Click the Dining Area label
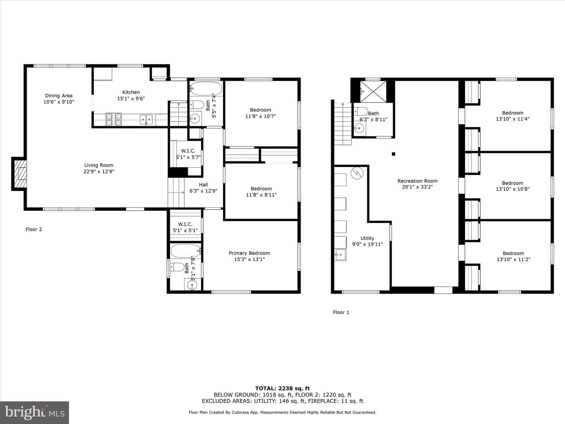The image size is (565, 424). pos(59,96)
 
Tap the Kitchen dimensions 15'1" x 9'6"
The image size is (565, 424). pos(131,99)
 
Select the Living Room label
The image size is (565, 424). pos(98,165)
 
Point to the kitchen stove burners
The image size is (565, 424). pos(113,120)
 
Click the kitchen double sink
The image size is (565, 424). pos(146,120)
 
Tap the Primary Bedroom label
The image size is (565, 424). pos(249,253)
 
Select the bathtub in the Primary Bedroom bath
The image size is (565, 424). pos(186,251)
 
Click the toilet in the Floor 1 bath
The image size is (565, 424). pos(361,111)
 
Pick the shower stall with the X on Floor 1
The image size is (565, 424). pos(373,91)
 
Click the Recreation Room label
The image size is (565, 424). pos(417,181)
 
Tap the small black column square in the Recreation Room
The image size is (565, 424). pos(393,154)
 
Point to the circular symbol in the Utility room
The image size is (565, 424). pos(357,173)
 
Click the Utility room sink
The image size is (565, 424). pos(340,255)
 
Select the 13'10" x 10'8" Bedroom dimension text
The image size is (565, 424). pos(512,189)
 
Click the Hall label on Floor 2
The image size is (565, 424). pos(203,185)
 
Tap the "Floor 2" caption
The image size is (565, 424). pos(34,229)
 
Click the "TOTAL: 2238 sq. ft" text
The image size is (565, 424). pos(282,389)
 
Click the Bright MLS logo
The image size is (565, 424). pos(35,412)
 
